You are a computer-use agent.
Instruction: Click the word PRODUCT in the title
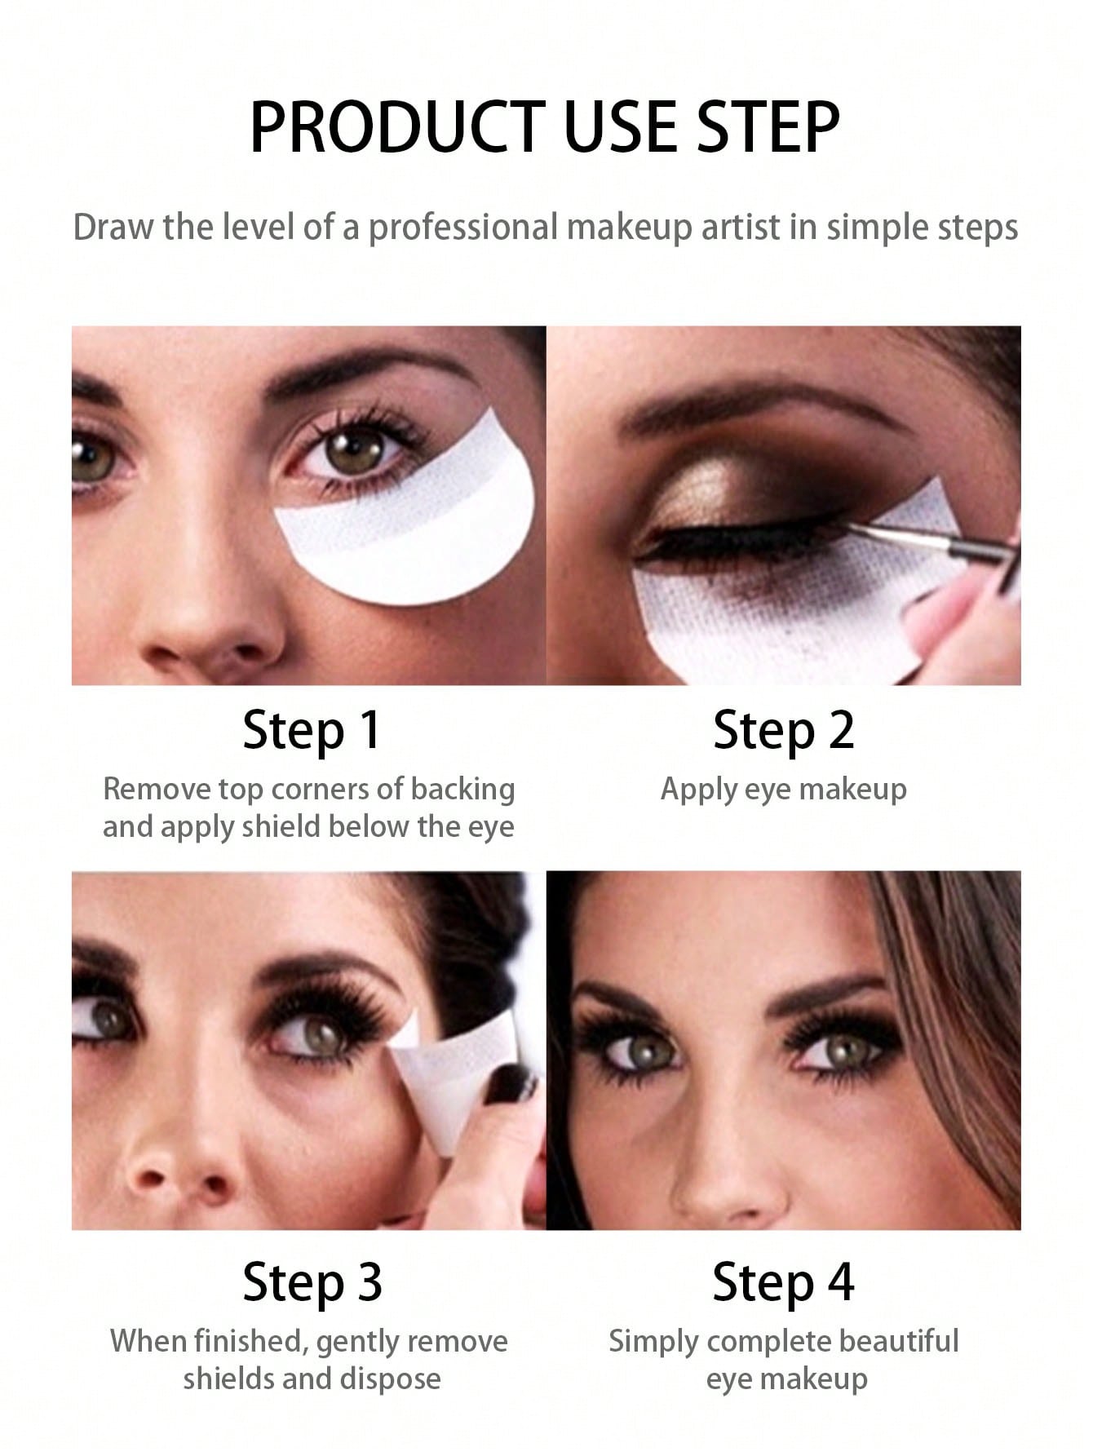click(x=397, y=126)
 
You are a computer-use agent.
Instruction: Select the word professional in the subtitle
click(x=462, y=228)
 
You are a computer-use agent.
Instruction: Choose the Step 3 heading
click(x=312, y=1282)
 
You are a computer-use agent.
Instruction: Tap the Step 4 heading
click(x=783, y=1282)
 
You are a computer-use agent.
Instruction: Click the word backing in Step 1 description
click(x=462, y=790)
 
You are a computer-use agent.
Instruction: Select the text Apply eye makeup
click(x=783, y=790)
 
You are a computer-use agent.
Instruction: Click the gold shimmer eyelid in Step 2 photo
click(x=718, y=489)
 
